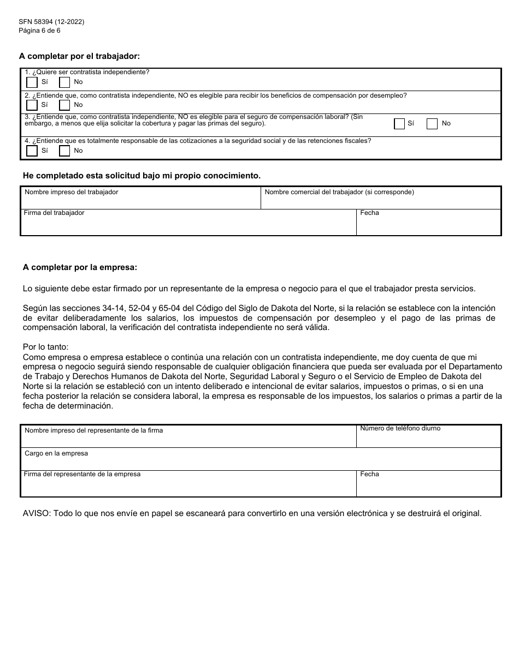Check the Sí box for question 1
click(x=32, y=82)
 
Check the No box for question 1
click(x=64, y=82)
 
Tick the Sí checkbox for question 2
click(x=32, y=105)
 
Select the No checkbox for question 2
click(x=64, y=105)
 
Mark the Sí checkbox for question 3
click(x=399, y=124)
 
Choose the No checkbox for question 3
click(x=432, y=124)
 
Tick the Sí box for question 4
click(x=32, y=151)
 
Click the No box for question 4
click(x=64, y=151)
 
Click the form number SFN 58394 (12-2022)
click(x=51, y=22)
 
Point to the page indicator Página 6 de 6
click(x=39, y=31)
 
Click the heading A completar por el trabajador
click(x=79, y=56)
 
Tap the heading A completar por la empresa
click(x=80, y=267)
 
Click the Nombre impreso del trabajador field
click(x=140, y=201)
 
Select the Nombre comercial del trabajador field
click(x=381, y=201)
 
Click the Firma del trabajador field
click(x=188, y=225)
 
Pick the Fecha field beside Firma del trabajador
click(x=429, y=225)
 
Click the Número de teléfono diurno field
click(x=429, y=439)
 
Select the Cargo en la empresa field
click(x=261, y=462)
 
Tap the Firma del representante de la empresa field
click(x=188, y=486)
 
